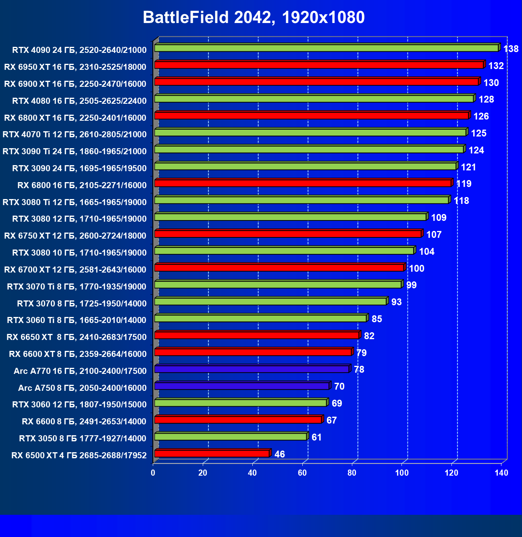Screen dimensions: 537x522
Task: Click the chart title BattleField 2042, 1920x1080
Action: [x=254, y=17]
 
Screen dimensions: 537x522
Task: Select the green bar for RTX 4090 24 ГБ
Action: [x=326, y=48]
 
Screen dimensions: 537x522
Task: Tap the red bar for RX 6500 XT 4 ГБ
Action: [x=212, y=453]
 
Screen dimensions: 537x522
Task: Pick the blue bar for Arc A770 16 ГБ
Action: [x=252, y=369]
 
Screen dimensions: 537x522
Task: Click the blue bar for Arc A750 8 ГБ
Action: [x=241, y=386]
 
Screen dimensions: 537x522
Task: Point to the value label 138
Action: [x=511, y=49]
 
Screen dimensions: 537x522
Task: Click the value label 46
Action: [x=279, y=454]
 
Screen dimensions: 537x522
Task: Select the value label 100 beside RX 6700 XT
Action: [x=416, y=268]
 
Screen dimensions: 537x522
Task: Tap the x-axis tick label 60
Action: [x=302, y=473]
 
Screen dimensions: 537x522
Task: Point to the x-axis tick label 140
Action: [x=501, y=473]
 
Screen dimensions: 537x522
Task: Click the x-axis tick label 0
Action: [x=153, y=473]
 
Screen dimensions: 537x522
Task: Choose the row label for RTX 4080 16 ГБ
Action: [x=79, y=101]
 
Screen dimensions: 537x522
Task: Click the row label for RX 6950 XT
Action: [x=75, y=67]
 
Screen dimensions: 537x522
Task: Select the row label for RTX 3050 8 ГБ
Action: [x=83, y=438]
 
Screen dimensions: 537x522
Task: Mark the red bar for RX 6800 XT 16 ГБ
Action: [x=311, y=115]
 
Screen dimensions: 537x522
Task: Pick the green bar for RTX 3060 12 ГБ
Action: [x=240, y=403]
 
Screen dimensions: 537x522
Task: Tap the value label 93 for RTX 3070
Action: [x=396, y=302]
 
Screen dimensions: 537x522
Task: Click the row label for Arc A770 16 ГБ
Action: [x=80, y=371]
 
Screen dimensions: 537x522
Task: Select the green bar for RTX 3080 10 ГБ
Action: [x=284, y=251]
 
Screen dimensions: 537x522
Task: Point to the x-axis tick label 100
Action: [x=402, y=473]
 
